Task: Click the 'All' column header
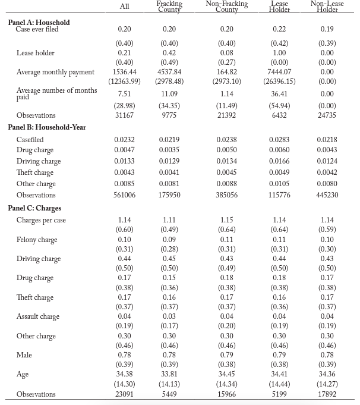tap(124, 7)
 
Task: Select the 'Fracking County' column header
tap(169, 7)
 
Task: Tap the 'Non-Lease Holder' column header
tap(327, 7)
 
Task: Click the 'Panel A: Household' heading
tap(39, 23)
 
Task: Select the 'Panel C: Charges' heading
tap(34, 208)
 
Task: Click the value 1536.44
tap(124, 72)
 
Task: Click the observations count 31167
tap(124, 115)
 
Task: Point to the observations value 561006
tap(124, 195)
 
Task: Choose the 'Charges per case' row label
tap(41, 220)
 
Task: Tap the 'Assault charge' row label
tap(37, 316)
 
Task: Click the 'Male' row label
tap(24, 355)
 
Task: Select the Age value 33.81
tap(169, 375)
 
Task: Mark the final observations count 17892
tap(327, 394)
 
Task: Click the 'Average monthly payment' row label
tap(55, 72)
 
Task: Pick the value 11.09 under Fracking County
tap(169, 93)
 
